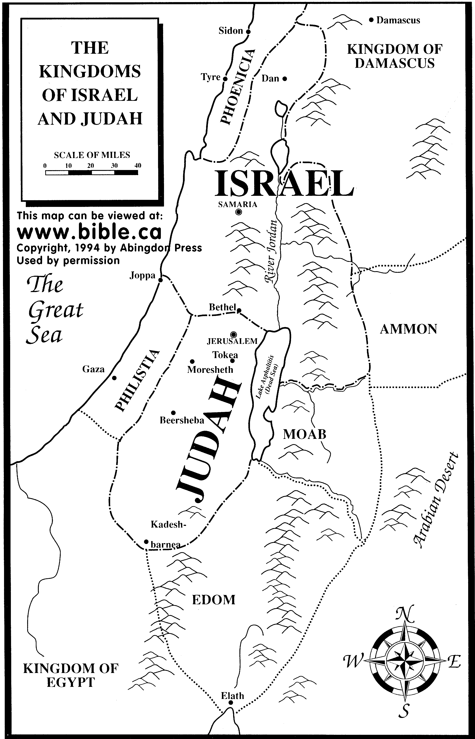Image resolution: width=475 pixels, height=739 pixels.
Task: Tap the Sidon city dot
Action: click(248, 31)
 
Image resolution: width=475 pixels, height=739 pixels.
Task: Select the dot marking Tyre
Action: click(225, 79)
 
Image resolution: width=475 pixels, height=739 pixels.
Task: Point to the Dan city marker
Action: click(285, 79)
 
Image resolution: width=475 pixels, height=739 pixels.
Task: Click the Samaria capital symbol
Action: click(238, 212)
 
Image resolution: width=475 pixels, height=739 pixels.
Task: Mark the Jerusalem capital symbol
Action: click(233, 334)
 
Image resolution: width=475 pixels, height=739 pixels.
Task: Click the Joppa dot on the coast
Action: click(160, 280)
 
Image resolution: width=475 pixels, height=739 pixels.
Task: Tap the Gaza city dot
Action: click(114, 378)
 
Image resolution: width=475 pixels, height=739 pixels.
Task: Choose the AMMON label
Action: click(408, 329)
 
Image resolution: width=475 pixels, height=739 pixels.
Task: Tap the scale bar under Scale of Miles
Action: click(92, 173)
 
